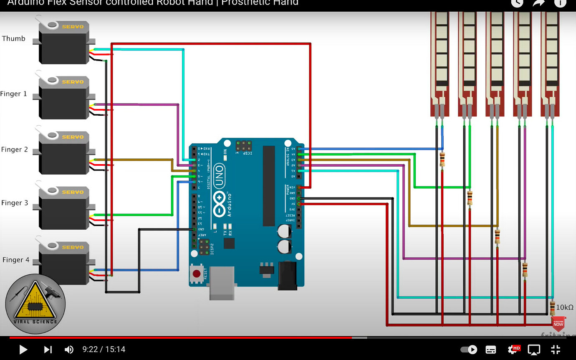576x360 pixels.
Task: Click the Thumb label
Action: tap(13, 38)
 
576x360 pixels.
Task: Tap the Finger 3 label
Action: tap(14, 203)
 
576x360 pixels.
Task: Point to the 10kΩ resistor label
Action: tap(565, 307)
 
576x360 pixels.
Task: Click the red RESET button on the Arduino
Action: tap(197, 274)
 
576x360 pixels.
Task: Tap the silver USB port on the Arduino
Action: tap(222, 283)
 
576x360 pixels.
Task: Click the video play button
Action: tap(23, 350)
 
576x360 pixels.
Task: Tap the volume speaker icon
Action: tap(69, 350)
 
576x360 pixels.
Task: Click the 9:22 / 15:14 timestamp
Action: tap(104, 350)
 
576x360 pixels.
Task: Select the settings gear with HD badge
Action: tap(513, 350)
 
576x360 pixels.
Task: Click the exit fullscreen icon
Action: tap(556, 350)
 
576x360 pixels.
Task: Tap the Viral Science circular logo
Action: tap(35, 304)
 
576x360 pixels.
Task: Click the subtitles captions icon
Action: tap(491, 350)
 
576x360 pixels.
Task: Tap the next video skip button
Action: tap(48, 350)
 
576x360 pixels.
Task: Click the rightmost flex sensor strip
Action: tap(551, 63)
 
